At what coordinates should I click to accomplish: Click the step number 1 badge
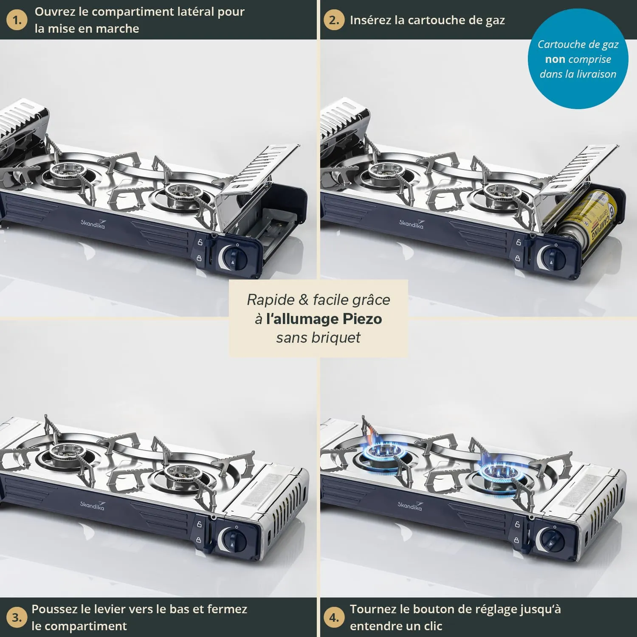point(17,20)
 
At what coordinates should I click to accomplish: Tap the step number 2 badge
point(334,20)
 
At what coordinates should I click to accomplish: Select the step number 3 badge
point(17,617)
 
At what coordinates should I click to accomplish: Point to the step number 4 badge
point(334,617)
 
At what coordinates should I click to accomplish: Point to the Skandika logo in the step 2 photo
point(411,224)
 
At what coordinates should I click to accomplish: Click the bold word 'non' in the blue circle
point(555,59)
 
